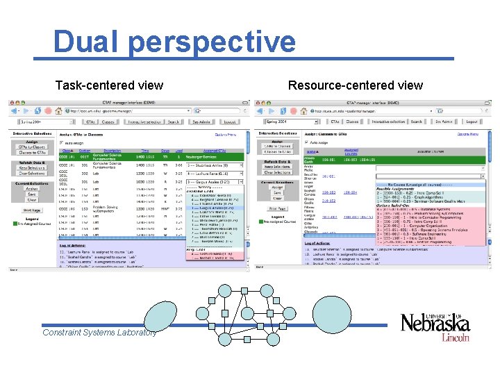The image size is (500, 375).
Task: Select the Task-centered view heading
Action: (x=109, y=85)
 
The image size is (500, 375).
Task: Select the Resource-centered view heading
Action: (x=355, y=85)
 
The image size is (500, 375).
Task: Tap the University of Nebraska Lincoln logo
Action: (x=435, y=327)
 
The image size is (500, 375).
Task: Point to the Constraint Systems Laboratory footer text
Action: (x=99, y=333)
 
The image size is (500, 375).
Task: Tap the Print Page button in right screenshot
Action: (x=276, y=208)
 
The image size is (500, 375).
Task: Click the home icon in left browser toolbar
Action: (x=56, y=110)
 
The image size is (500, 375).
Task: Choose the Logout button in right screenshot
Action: (x=472, y=122)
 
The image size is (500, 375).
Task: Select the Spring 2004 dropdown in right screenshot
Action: (x=277, y=122)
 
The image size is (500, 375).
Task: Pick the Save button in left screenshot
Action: (x=32, y=194)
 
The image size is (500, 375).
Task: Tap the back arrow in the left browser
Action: (x=13, y=110)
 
